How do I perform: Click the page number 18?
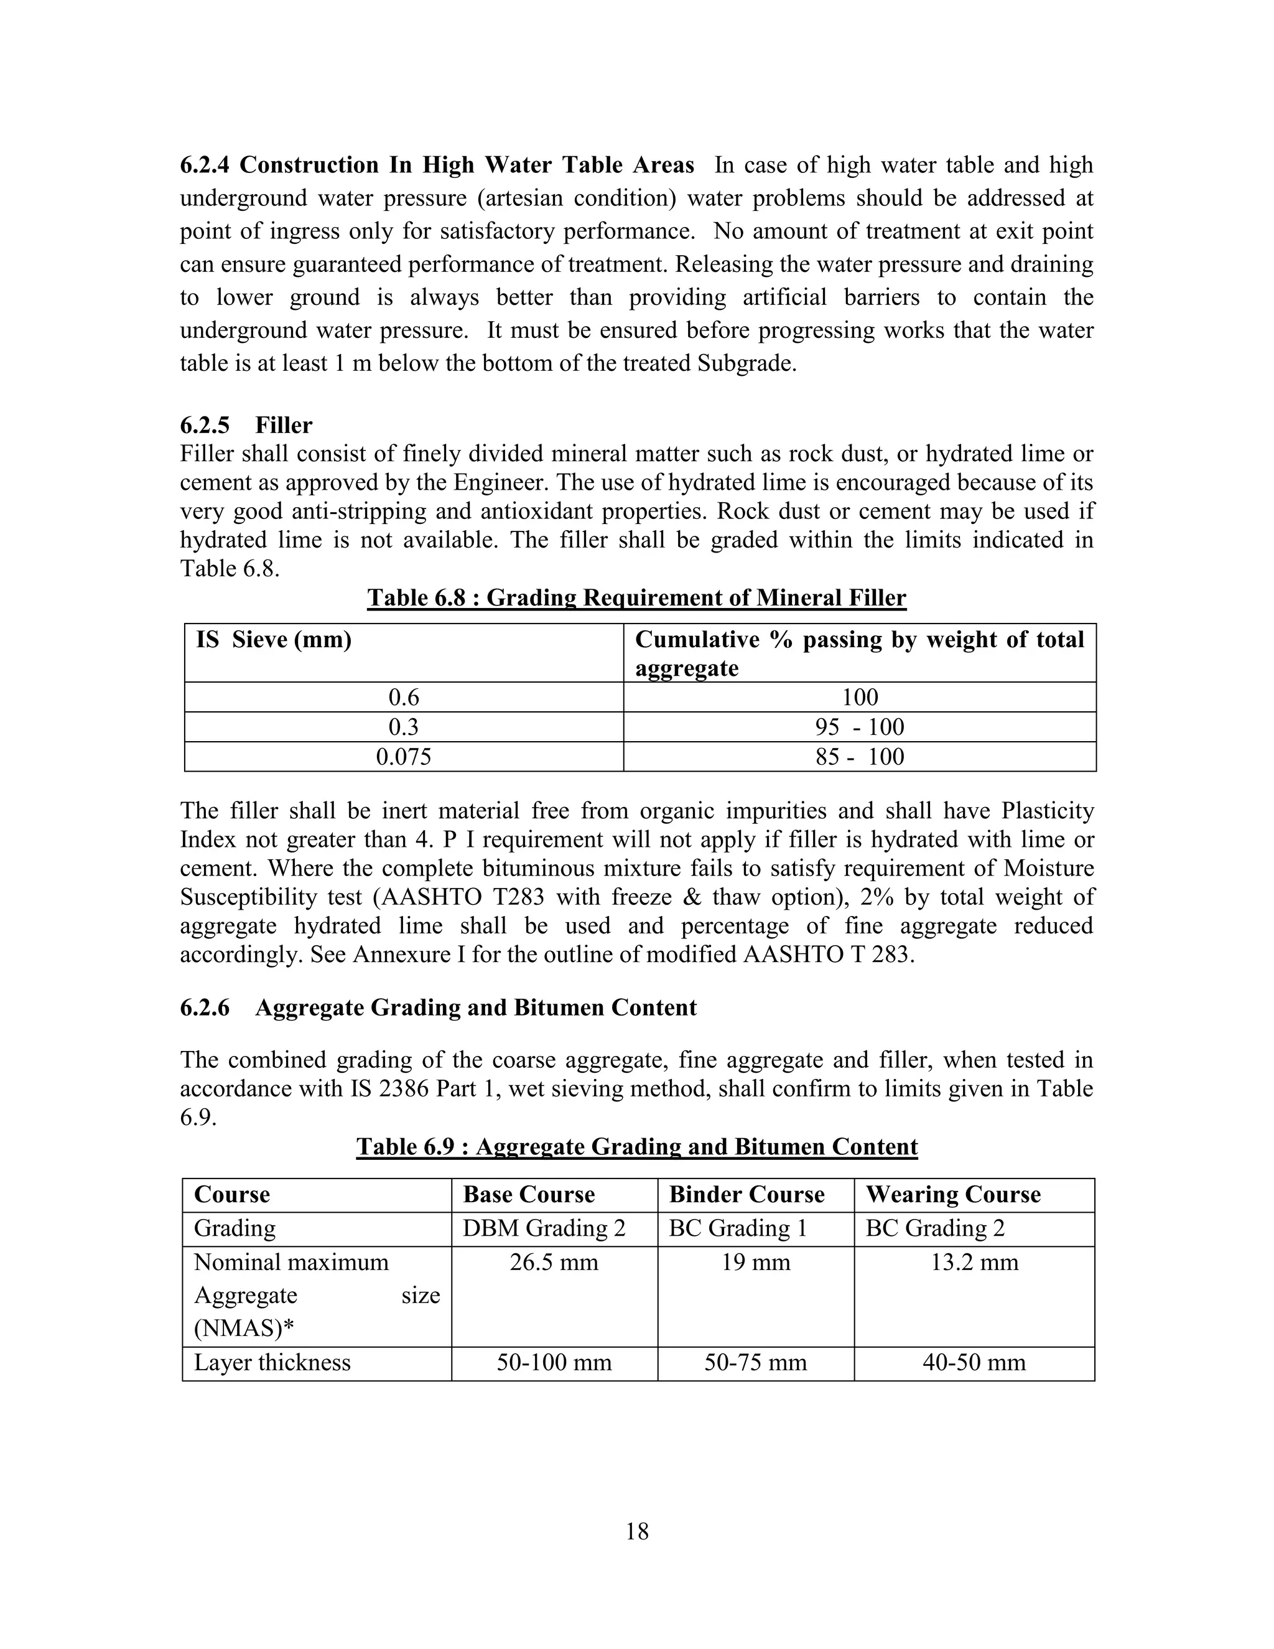(636, 1531)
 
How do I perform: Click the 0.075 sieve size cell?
(404, 757)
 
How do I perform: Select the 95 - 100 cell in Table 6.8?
(859, 727)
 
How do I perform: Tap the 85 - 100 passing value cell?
(859, 757)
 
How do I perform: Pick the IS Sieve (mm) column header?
(274, 640)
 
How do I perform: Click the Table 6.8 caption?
(636, 598)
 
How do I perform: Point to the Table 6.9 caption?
(636, 1147)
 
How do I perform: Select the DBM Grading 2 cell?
(544, 1228)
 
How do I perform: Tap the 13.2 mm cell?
(974, 1263)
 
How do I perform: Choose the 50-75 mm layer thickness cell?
(755, 1363)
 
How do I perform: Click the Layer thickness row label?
(272, 1363)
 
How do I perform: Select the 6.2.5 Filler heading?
(246, 425)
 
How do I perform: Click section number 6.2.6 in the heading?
(205, 1008)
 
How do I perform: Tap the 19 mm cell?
(755, 1263)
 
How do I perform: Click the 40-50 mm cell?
(974, 1363)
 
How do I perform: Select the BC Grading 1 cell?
(737, 1228)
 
